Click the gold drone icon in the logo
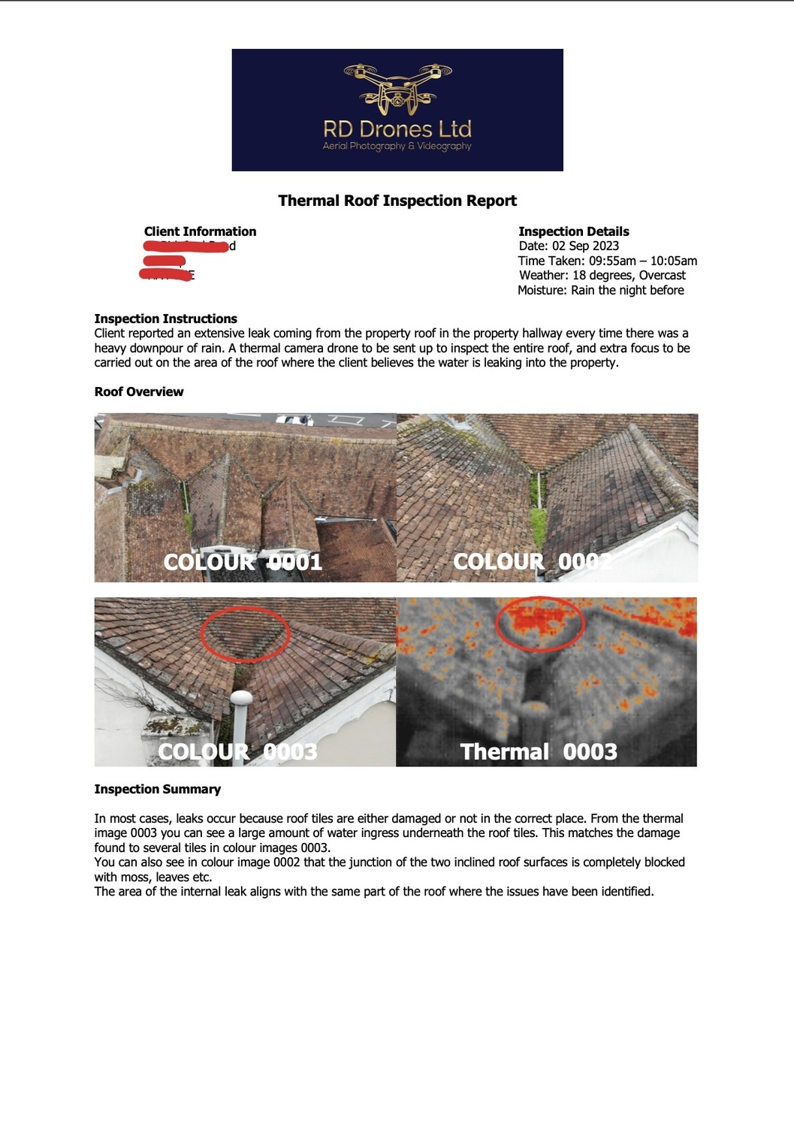(397, 87)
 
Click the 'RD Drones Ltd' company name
(397, 128)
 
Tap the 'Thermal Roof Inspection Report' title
(397, 201)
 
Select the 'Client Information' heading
(200, 231)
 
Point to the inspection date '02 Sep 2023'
(585, 246)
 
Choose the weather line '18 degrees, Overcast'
(629, 275)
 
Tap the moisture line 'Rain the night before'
(627, 290)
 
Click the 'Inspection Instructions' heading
(165, 319)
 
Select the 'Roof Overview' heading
(139, 391)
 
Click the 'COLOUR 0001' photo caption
(243, 562)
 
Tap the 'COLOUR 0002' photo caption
(533, 562)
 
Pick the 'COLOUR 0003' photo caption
(237, 751)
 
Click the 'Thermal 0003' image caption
(539, 751)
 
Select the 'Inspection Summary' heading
(157, 789)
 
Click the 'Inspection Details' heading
(574, 231)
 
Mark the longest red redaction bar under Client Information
(186, 246)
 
